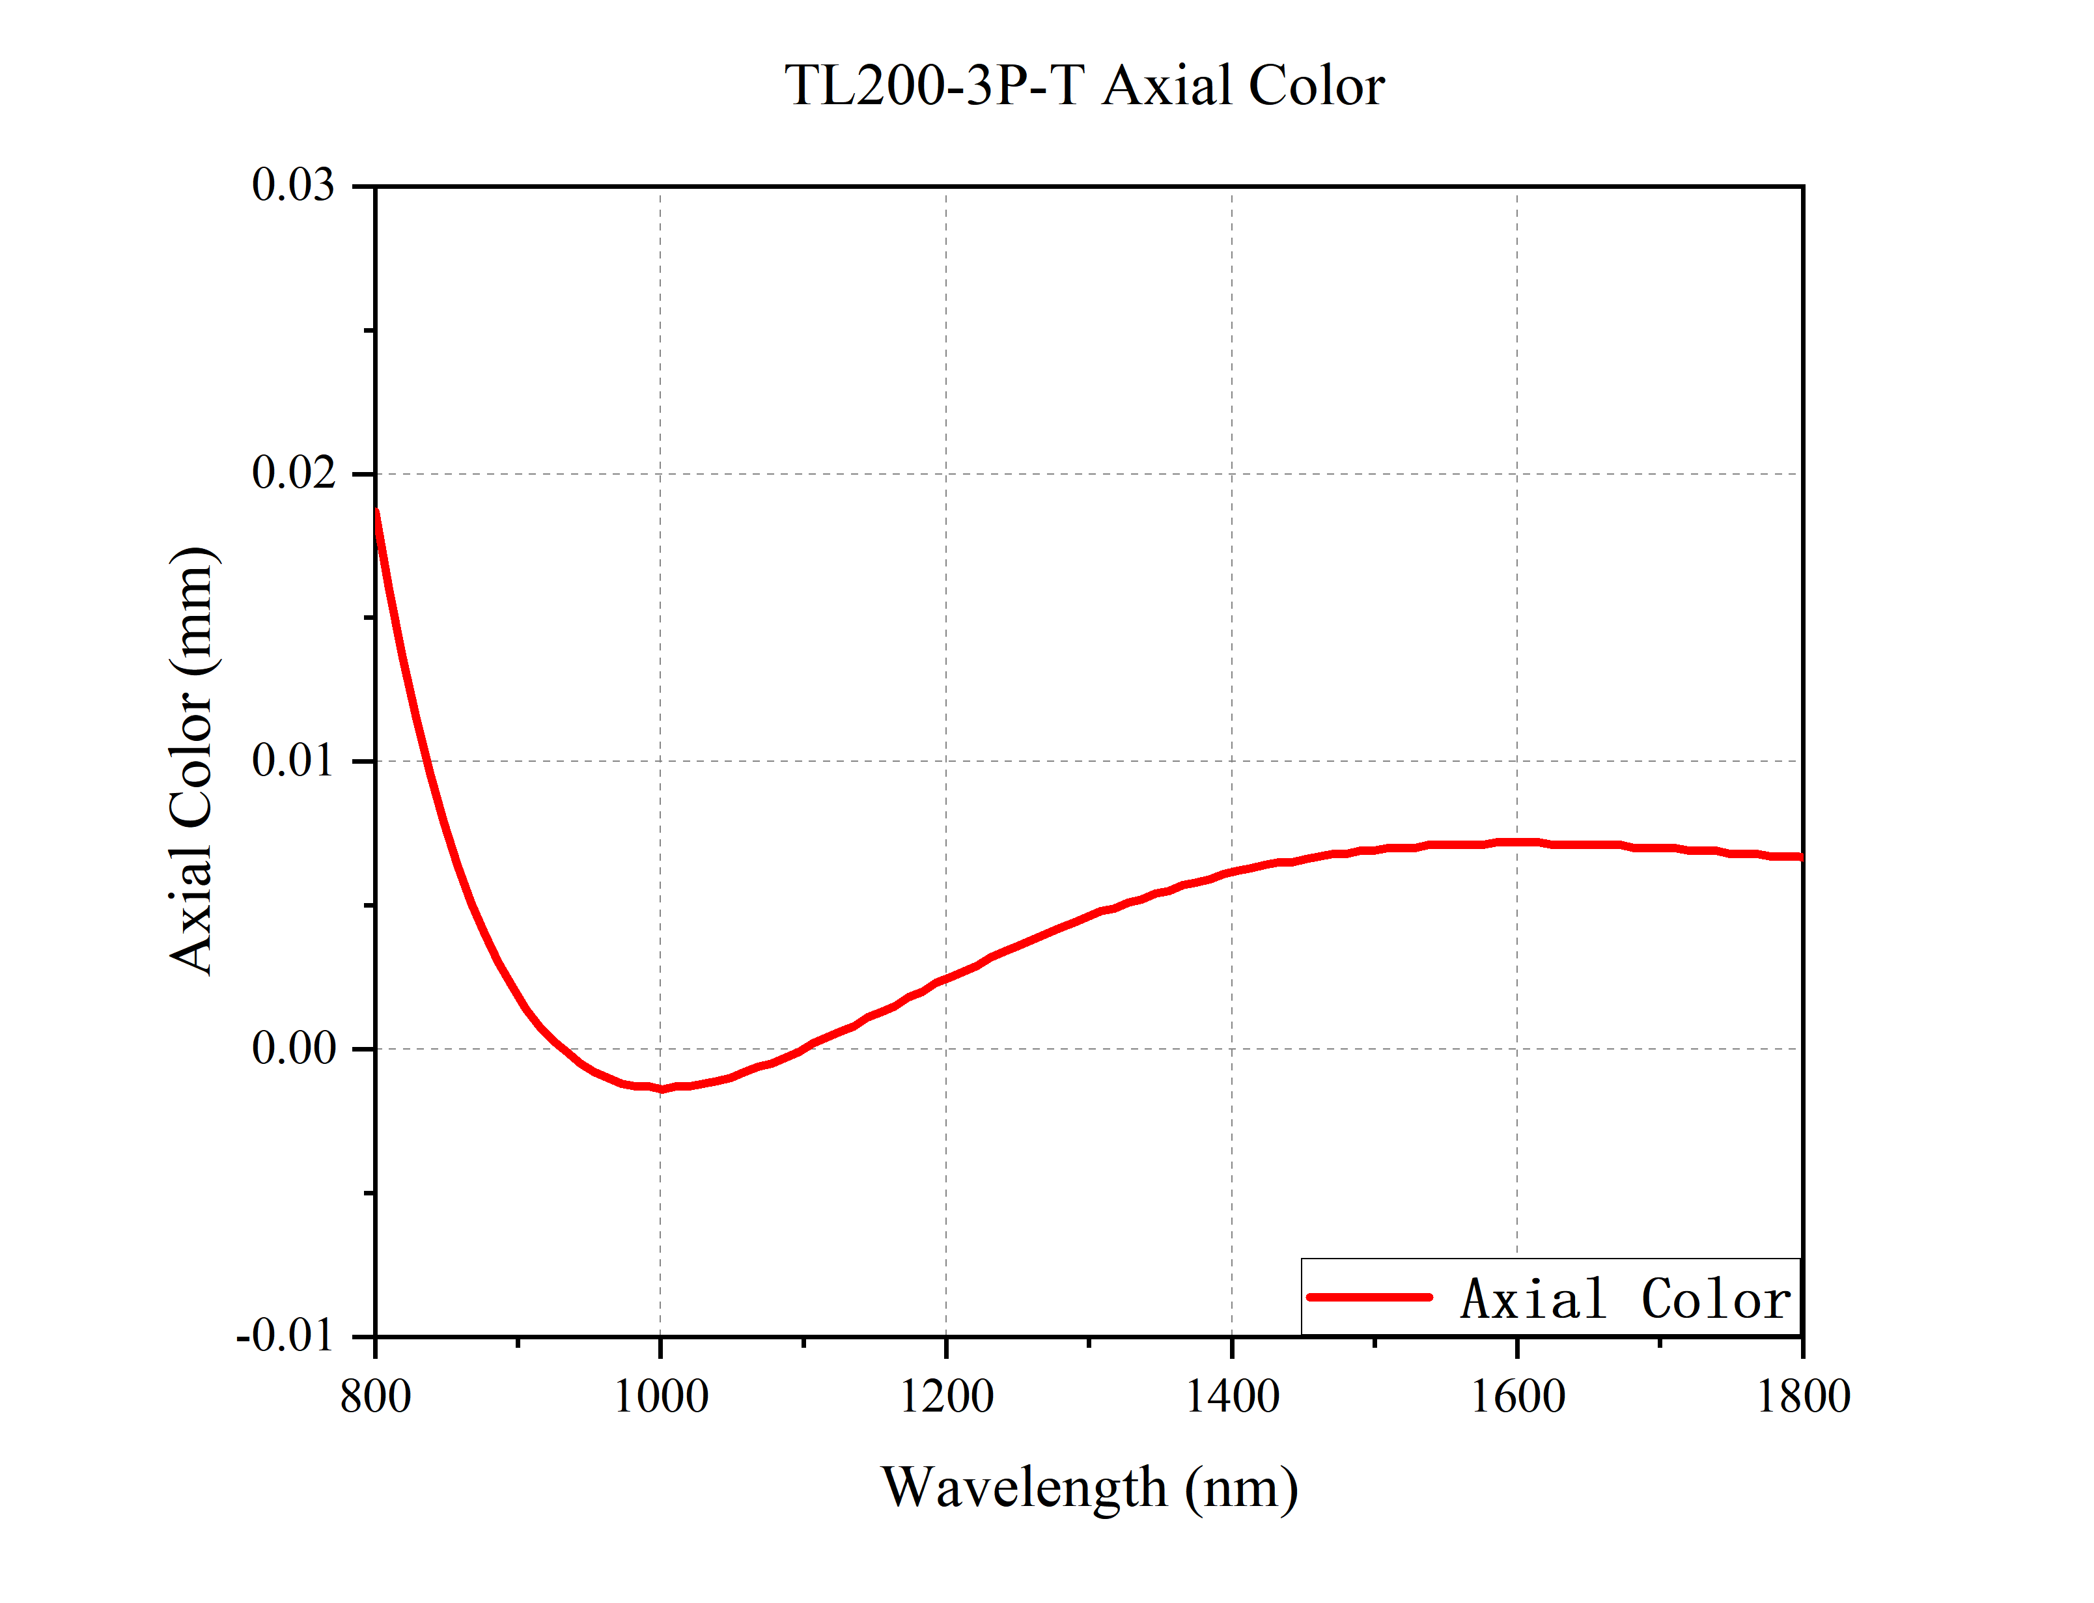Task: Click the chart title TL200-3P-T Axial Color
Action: pos(1083,86)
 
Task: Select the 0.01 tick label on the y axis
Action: pos(293,760)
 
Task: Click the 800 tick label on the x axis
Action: pos(375,1397)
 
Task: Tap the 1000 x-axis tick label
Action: pos(660,1397)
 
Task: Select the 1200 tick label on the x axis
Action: pos(946,1397)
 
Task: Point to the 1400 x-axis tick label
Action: pos(1232,1397)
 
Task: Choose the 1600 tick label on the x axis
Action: pos(1517,1397)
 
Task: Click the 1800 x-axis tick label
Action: pos(1802,1397)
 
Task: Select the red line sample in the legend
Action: pos(1369,1297)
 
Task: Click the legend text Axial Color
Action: pos(1626,1299)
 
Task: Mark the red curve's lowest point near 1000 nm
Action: pos(661,1089)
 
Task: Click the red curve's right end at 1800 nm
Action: pos(1800,857)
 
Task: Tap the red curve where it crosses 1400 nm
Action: pos(1232,871)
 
